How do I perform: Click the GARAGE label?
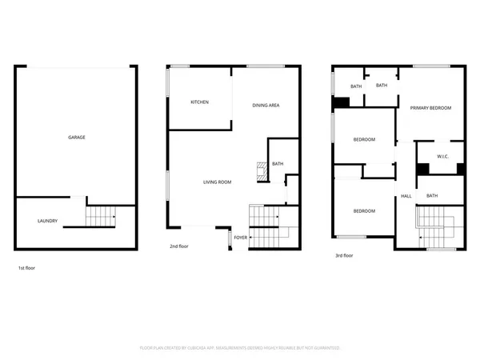(x=77, y=138)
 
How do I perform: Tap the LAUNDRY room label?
(x=47, y=221)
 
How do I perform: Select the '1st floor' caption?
(x=26, y=268)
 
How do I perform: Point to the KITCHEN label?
(x=199, y=102)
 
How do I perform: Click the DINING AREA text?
(x=265, y=106)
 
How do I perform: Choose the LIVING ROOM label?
(x=216, y=182)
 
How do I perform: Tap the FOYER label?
(x=240, y=238)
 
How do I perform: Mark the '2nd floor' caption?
(x=178, y=246)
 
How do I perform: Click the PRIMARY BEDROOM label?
(x=430, y=108)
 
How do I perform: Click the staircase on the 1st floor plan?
(x=101, y=215)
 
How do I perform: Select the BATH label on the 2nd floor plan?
(x=278, y=164)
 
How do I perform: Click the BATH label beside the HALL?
(x=431, y=196)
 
